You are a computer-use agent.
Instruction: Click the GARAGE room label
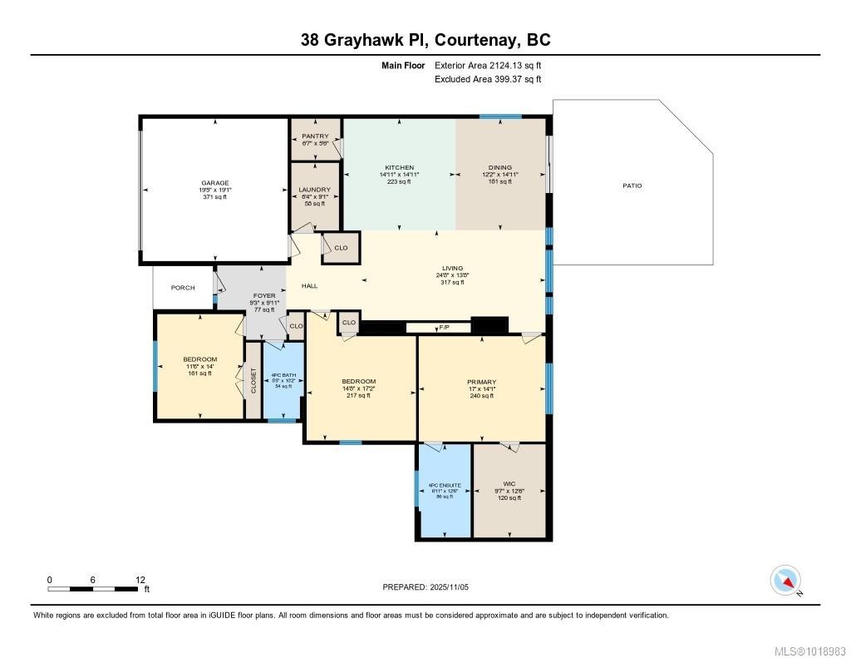214,183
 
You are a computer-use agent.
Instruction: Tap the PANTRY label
315,136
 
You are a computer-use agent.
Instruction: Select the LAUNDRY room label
315,190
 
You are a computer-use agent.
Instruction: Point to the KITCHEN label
399,167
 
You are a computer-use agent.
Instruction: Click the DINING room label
500,167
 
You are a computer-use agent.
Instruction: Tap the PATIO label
633,186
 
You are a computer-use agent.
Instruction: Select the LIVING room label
453,269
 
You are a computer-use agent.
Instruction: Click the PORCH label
183,288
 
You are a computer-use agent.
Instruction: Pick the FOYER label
263,295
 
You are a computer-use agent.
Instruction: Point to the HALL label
309,286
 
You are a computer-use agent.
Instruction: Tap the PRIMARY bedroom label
481,382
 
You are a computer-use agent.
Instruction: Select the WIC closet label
509,483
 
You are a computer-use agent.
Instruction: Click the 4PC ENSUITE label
444,485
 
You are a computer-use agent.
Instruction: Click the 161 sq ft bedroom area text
199,374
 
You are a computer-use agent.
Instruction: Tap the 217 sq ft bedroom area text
359,395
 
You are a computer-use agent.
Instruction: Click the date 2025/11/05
455,586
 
